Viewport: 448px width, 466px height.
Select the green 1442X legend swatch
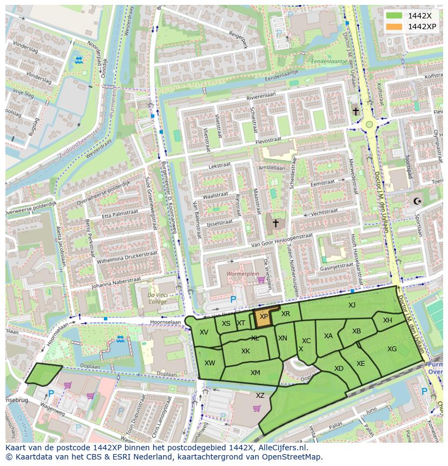tap(395, 16)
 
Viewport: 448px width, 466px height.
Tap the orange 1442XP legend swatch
tap(395, 27)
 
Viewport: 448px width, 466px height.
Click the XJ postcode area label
tap(352, 305)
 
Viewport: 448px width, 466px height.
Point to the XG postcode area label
tap(392, 349)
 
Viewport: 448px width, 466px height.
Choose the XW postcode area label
tap(210, 363)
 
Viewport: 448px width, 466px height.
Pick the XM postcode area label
tap(255, 372)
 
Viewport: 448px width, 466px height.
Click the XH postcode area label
tap(387, 320)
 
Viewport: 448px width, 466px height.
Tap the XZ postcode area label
tap(260, 396)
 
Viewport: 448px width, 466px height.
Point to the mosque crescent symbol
tap(417, 201)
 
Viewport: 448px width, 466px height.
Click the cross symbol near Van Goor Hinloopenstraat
tap(275, 222)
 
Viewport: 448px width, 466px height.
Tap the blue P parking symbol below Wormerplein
tap(233, 299)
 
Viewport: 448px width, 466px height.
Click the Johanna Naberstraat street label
tap(114, 283)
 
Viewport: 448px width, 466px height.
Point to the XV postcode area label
tap(204, 332)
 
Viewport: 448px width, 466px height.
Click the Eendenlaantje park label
tap(328, 62)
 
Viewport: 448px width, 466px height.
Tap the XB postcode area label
tap(357, 331)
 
